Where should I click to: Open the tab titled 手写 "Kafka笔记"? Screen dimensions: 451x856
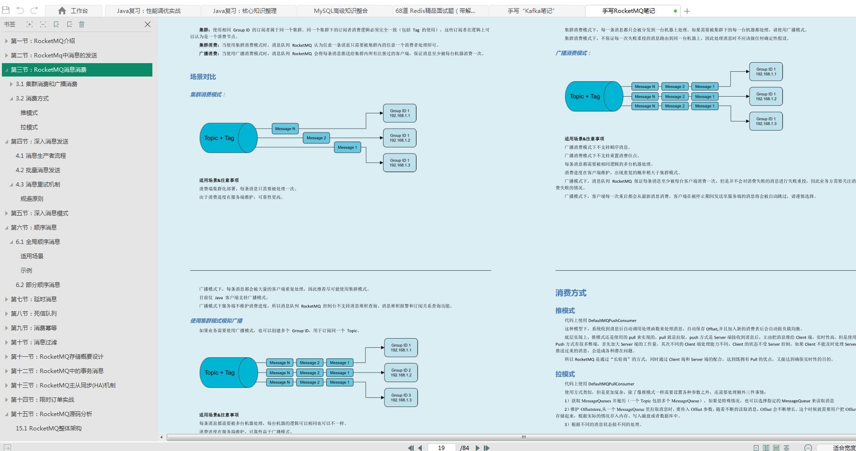531,11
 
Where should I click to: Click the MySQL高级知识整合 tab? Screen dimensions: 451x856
341,11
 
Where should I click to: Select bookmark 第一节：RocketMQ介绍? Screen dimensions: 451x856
43,41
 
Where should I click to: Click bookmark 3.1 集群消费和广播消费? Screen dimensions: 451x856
46,84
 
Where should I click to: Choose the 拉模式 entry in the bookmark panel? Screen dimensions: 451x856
29,127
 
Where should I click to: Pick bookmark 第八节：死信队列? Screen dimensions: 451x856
34,314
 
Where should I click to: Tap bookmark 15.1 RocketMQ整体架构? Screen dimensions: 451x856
49,429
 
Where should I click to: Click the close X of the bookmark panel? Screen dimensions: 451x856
148,24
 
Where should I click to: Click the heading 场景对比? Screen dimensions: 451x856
203,77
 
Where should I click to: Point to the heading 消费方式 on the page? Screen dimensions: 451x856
571,293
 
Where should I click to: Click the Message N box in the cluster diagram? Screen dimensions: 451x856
285,129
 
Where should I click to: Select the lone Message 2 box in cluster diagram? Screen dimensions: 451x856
316,138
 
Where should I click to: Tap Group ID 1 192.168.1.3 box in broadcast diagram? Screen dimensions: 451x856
766,121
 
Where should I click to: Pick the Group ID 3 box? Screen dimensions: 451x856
401,397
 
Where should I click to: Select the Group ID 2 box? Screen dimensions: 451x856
401,373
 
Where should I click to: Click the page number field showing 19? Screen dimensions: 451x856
441,448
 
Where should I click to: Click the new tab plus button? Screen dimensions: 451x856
687,11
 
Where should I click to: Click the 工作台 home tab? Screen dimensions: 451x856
74,11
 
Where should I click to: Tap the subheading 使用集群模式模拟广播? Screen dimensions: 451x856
216,320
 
